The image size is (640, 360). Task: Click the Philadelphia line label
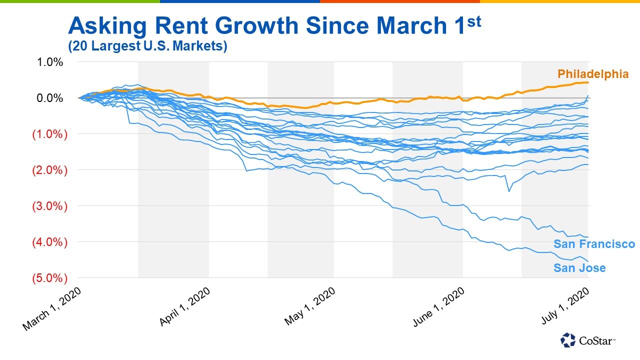[x=593, y=74]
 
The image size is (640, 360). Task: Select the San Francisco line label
[x=594, y=244]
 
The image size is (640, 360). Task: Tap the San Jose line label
[x=579, y=268]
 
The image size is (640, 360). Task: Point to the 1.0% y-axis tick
[x=50, y=62]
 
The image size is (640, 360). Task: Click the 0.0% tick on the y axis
[x=50, y=98]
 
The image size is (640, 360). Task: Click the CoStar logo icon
[x=568, y=340]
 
